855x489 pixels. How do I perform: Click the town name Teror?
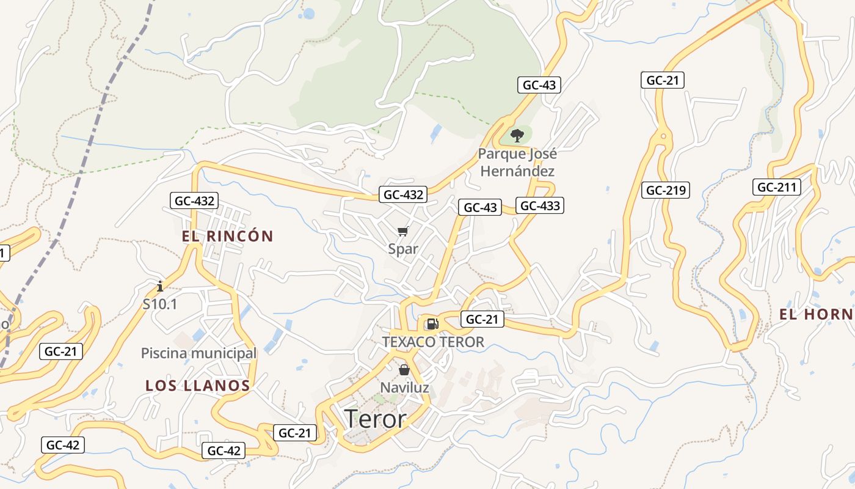click(375, 419)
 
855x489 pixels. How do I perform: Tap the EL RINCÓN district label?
click(227, 236)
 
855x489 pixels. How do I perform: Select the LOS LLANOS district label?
click(198, 386)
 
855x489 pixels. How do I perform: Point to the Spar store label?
click(403, 249)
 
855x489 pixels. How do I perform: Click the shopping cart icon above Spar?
click(402, 231)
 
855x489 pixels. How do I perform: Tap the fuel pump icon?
click(432, 323)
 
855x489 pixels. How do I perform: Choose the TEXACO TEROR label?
click(433, 342)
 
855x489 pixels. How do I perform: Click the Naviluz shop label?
click(404, 388)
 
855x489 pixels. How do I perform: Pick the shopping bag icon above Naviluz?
click(404, 370)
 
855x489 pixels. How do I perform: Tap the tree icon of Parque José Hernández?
click(517, 136)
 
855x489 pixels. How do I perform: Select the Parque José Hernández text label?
click(517, 163)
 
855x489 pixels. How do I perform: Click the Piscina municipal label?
click(198, 353)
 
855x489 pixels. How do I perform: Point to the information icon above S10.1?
click(160, 285)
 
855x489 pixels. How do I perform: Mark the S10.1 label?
click(160, 303)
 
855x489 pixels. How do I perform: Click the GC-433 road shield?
click(540, 205)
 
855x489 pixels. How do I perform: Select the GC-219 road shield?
click(666, 190)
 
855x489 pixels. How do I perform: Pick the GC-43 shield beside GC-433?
click(481, 207)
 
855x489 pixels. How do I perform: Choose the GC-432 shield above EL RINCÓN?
click(194, 200)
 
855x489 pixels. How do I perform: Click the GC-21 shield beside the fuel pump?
click(482, 318)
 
